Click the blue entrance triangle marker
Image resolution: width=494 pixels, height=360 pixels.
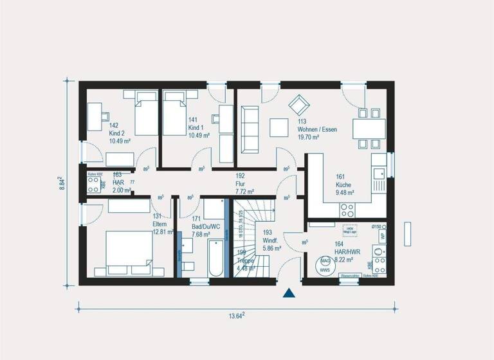click(x=289, y=293)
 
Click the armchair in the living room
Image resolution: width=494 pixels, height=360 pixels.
click(x=298, y=105)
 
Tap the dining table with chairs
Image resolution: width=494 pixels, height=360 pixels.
click(x=369, y=126)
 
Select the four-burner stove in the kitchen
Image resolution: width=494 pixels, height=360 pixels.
click(x=347, y=209)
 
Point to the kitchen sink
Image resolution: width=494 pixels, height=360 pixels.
click(x=379, y=173)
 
